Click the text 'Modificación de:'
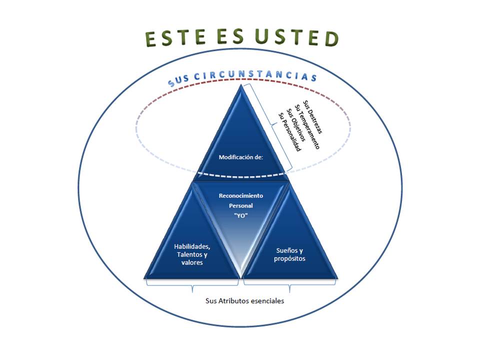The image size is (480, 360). point(241,156)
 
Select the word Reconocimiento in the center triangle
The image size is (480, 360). point(241,195)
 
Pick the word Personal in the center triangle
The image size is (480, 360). point(241,205)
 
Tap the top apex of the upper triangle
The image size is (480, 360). point(243,85)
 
